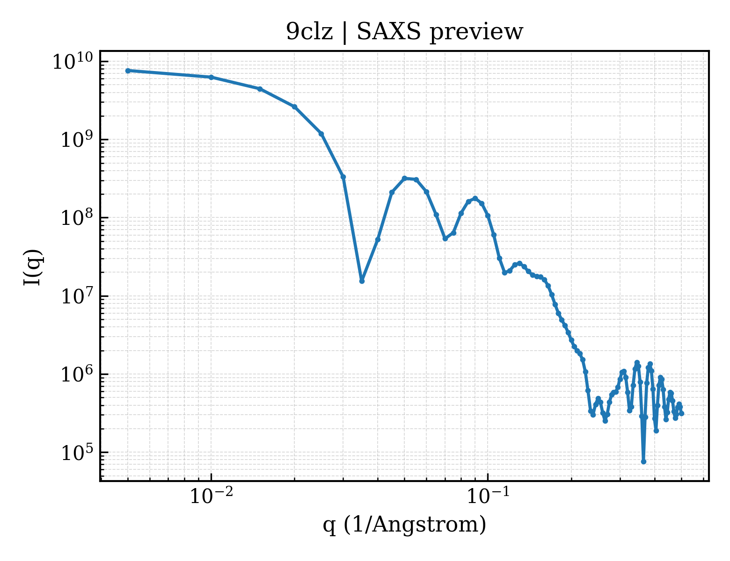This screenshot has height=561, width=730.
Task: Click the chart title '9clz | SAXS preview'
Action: [x=404, y=32]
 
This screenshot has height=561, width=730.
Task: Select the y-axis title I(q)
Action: [x=33, y=267]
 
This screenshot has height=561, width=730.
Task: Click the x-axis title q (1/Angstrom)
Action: [x=404, y=525]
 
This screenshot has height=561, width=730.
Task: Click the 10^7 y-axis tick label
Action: [x=76, y=296]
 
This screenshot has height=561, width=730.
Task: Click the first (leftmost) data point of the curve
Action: [x=128, y=71]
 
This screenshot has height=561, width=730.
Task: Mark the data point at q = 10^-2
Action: [x=211, y=77]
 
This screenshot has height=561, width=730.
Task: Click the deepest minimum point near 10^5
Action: [x=643, y=462]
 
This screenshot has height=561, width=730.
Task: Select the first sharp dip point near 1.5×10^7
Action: [x=361, y=281]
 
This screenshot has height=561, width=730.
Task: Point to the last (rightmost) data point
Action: [x=681, y=414]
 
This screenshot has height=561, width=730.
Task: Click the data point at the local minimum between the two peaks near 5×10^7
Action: [x=445, y=239]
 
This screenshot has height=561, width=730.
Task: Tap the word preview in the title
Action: [x=476, y=33]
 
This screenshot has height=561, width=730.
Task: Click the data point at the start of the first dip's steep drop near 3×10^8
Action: [x=343, y=177]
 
